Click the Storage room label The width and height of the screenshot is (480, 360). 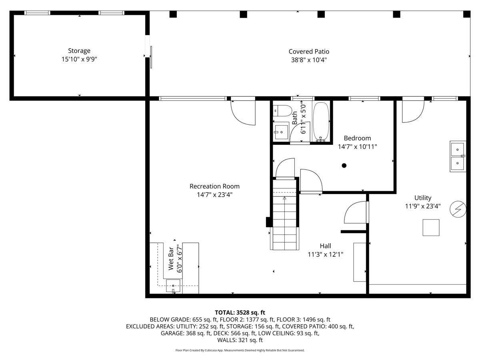pyautogui.click(x=79, y=51)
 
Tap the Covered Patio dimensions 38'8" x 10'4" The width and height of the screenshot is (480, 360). pyautogui.click(x=309, y=60)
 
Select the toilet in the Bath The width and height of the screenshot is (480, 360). pyautogui.click(x=282, y=111)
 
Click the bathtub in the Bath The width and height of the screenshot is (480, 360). pyautogui.click(x=321, y=122)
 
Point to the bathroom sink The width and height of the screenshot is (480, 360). pyautogui.click(x=281, y=132)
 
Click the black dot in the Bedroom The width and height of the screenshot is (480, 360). pyautogui.click(x=344, y=166)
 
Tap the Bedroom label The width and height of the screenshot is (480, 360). pyautogui.click(x=357, y=138)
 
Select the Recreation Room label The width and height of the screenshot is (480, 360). pyautogui.click(x=214, y=186)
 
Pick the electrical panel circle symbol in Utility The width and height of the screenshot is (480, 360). pyautogui.click(x=458, y=209)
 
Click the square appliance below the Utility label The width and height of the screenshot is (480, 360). pyautogui.click(x=431, y=228)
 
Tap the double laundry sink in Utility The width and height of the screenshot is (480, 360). pyautogui.click(x=458, y=156)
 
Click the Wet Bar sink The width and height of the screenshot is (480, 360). pyautogui.click(x=173, y=286)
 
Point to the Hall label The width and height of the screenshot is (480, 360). pyautogui.click(x=325, y=246)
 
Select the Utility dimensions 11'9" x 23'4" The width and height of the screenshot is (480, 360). pyautogui.click(x=423, y=206)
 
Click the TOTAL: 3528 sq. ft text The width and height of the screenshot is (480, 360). pyautogui.click(x=240, y=312)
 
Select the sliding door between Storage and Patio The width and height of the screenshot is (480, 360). pyautogui.click(x=151, y=57)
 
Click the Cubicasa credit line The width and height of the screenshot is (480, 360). pyautogui.click(x=240, y=350)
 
